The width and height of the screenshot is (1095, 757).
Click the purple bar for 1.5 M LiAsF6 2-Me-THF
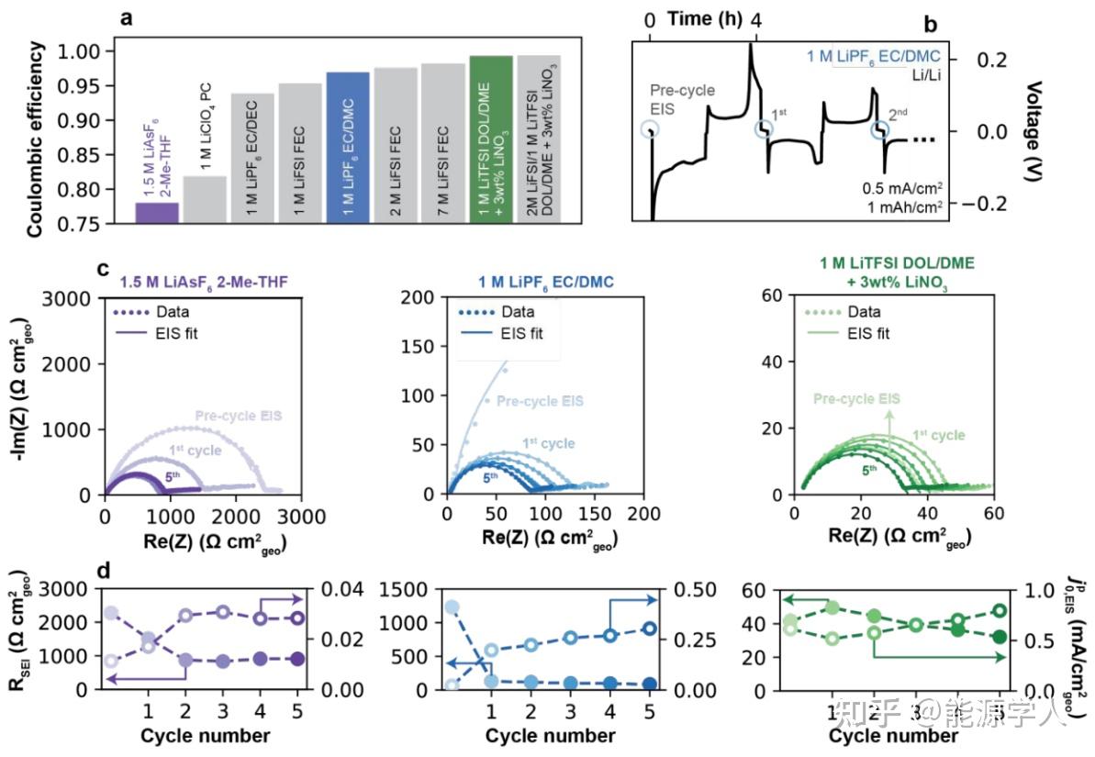coord(157,212)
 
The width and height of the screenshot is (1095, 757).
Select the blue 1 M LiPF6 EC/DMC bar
coord(348,147)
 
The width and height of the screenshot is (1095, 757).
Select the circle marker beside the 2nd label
coord(879,131)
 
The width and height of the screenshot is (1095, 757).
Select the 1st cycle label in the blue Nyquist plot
coord(548,443)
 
